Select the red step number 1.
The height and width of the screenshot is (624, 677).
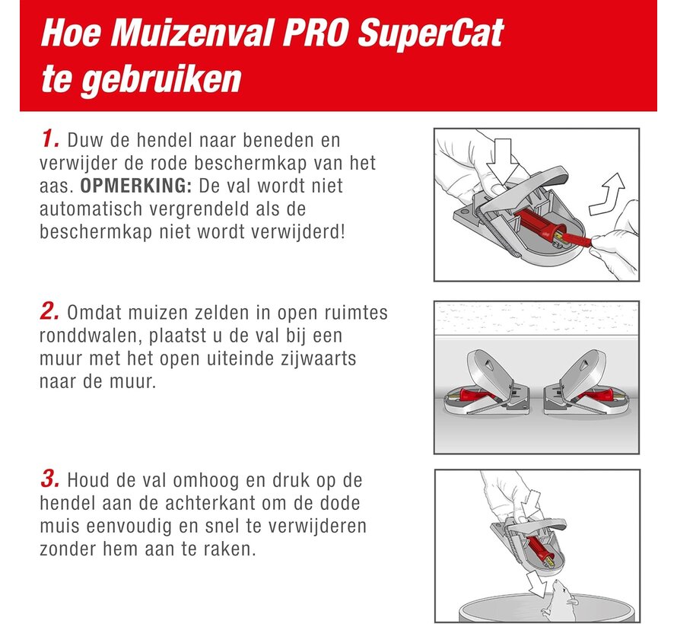click(x=49, y=139)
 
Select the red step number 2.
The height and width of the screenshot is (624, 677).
click(x=49, y=313)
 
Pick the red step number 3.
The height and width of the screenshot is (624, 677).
click(x=49, y=480)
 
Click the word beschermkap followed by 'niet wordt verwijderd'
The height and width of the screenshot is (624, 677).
click(x=84, y=231)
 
